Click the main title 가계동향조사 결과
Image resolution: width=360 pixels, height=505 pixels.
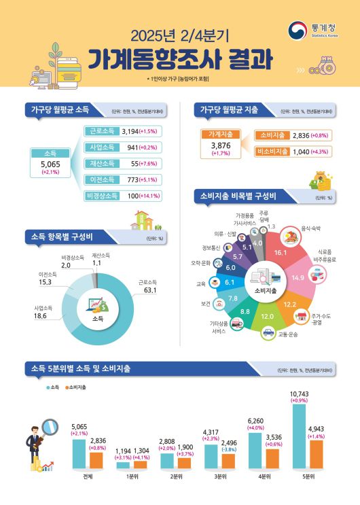(x=180, y=59)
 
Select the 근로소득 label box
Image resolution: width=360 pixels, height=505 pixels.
(x=101, y=130)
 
